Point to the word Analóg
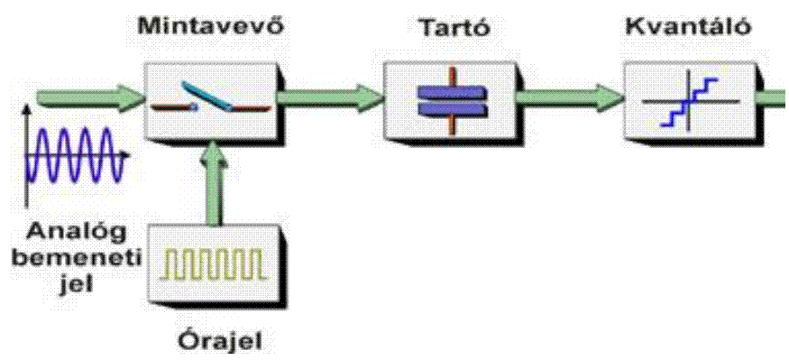pyautogui.click(x=77, y=233)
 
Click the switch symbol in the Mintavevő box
pyautogui.click(x=211, y=99)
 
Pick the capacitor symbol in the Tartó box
pyautogui.click(x=451, y=100)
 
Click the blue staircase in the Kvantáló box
pyautogui.click(x=688, y=101)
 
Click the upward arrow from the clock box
pyautogui.click(x=214, y=181)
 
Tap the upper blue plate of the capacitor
pyautogui.click(x=451, y=91)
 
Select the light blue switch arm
pyautogui.click(x=206, y=95)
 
